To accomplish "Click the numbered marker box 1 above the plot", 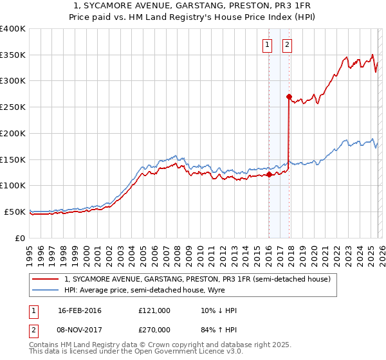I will pyautogui.click(x=267, y=45).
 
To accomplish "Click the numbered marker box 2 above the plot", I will pyautogui.click(x=286, y=45).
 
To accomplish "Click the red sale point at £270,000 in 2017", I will pyautogui.click(x=289, y=96).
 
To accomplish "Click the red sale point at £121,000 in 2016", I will pyautogui.click(x=269, y=174).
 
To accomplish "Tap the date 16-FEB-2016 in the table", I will pyautogui.click(x=80, y=310).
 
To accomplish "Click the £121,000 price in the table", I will pyautogui.click(x=154, y=310).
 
